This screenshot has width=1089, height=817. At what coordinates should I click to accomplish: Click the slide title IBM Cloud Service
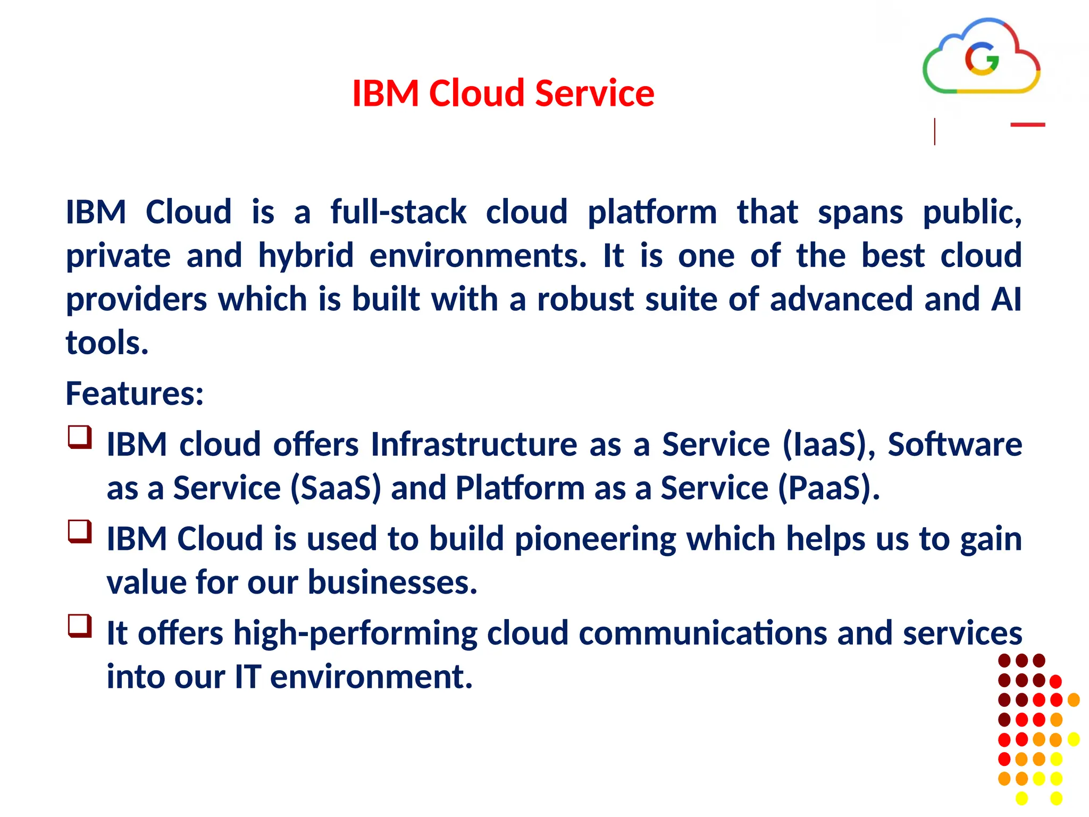pyautogui.click(x=503, y=94)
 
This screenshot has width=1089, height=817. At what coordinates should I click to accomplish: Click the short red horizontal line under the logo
pyautogui.click(x=1027, y=125)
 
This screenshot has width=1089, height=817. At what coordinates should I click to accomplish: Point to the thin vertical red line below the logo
pyautogui.click(x=934, y=132)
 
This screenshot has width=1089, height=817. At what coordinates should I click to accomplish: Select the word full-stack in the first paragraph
pyautogui.click(x=398, y=212)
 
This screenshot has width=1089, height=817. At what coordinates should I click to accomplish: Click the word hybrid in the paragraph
pyautogui.click(x=306, y=256)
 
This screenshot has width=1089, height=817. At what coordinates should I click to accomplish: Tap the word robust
pyautogui.click(x=585, y=299)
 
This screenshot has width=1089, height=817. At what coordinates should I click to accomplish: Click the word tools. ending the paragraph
pyautogui.click(x=107, y=343)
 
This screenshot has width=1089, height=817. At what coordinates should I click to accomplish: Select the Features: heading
pyautogui.click(x=135, y=394)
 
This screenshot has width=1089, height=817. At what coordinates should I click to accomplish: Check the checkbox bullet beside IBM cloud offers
pyautogui.click(x=80, y=438)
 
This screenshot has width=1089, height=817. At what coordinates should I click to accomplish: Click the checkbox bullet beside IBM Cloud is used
pyautogui.click(x=80, y=532)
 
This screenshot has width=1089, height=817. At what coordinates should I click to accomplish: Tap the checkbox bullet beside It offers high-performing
pyautogui.click(x=80, y=626)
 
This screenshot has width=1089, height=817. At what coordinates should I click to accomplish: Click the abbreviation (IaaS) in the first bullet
pyautogui.click(x=828, y=445)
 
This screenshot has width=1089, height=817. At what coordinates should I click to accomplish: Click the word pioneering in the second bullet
pyautogui.click(x=595, y=539)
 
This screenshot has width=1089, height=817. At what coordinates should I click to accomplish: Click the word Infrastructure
pyautogui.click(x=474, y=445)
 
